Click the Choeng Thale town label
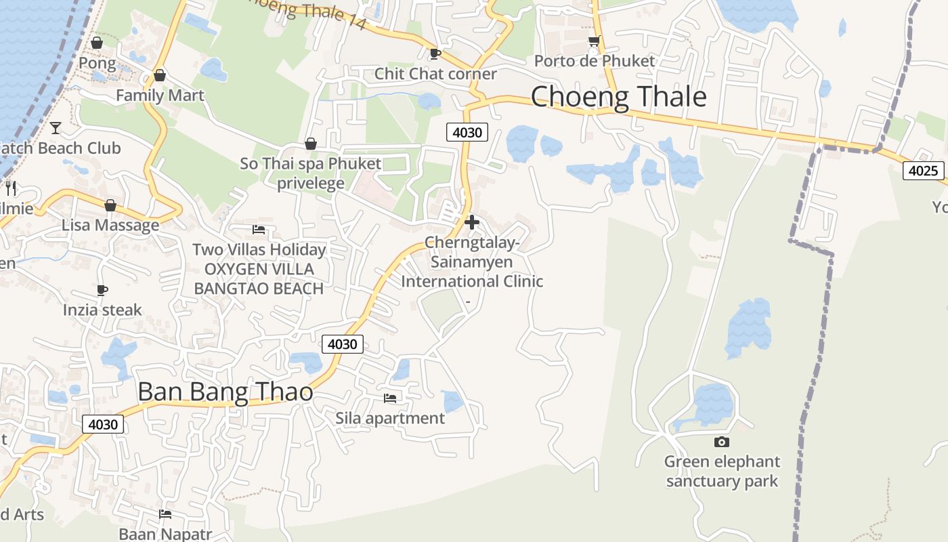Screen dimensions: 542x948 (x=618, y=97)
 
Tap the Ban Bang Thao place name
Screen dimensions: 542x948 (x=225, y=392)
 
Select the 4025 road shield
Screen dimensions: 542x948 (x=923, y=171)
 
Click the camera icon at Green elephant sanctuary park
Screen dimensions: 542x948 (x=722, y=442)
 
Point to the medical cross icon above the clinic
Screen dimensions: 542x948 (x=472, y=222)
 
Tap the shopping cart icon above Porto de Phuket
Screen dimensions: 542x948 (x=594, y=41)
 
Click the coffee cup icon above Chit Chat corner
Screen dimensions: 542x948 (x=435, y=54)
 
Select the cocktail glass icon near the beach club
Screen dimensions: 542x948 (x=56, y=127)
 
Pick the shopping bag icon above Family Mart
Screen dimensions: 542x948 (x=160, y=75)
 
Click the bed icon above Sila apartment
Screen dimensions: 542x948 (x=390, y=398)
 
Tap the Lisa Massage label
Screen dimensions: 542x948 (x=110, y=225)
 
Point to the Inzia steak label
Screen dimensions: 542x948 (x=102, y=310)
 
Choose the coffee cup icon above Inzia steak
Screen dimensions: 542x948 (x=102, y=291)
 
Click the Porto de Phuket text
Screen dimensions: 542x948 (x=595, y=61)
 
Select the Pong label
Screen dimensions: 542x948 (x=98, y=63)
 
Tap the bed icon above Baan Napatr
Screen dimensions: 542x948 (x=165, y=514)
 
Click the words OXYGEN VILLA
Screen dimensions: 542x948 (x=259, y=269)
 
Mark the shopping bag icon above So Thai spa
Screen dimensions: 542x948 (x=311, y=144)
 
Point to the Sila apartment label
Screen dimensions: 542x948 (x=390, y=418)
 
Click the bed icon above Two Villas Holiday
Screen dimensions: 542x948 (x=258, y=230)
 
